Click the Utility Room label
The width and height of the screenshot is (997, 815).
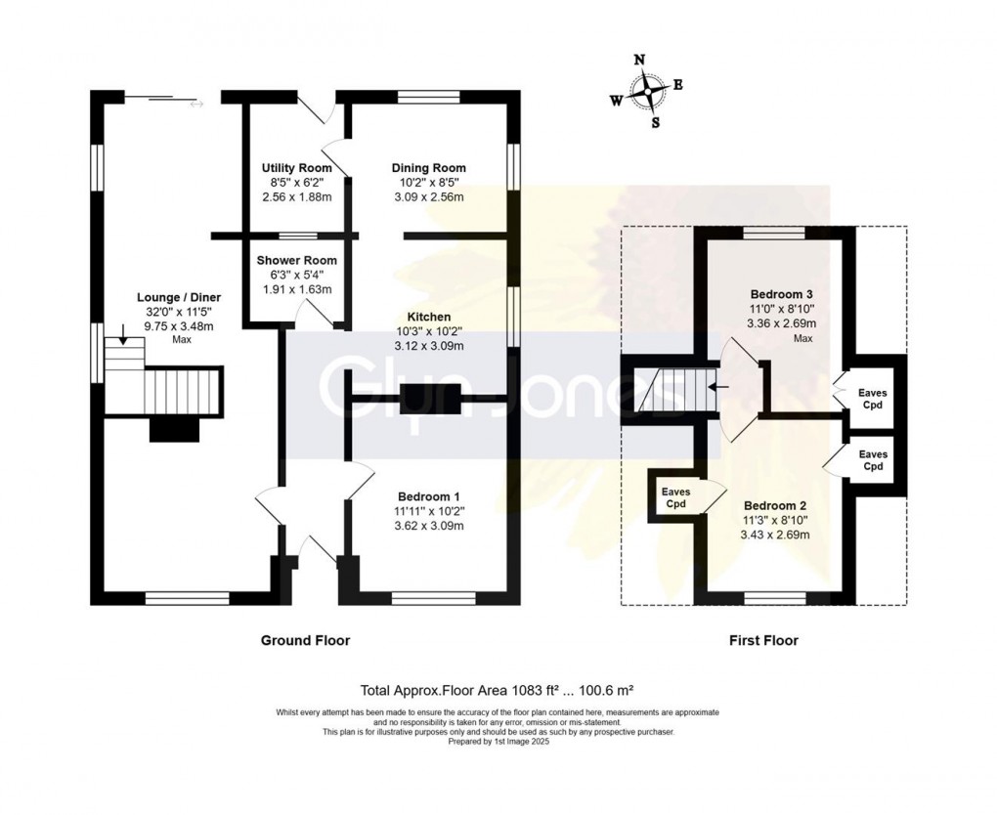click(x=297, y=168)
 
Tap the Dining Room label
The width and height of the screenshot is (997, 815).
click(x=428, y=168)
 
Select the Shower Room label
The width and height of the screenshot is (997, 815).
click(x=297, y=261)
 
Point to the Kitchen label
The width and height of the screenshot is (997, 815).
click(x=429, y=318)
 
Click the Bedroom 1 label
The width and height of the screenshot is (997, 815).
click(x=428, y=497)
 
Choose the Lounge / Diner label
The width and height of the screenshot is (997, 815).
click(x=179, y=297)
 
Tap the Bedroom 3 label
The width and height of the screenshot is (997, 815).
click(x=782, y=294)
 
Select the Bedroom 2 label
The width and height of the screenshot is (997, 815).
click(x=775, y=506)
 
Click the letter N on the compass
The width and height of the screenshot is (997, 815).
click(x=640, y=61)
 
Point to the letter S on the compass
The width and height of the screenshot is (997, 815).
click(x=656, y=123)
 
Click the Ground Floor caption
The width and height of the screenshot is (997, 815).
click(x=305, y=641)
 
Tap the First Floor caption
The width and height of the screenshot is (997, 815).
click(x=763, y=641)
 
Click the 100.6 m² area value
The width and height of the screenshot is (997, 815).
click(x=603, y=690)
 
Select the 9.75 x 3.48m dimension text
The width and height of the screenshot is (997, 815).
click(x=179, y=326)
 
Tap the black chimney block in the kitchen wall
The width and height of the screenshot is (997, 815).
click(x=430, y=400)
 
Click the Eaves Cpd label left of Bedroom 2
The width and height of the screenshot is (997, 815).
click(x=675, y=497)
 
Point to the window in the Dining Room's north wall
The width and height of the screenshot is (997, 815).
click(x=428, y=97)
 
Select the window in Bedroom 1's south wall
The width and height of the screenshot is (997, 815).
click(x=434, y=598)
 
